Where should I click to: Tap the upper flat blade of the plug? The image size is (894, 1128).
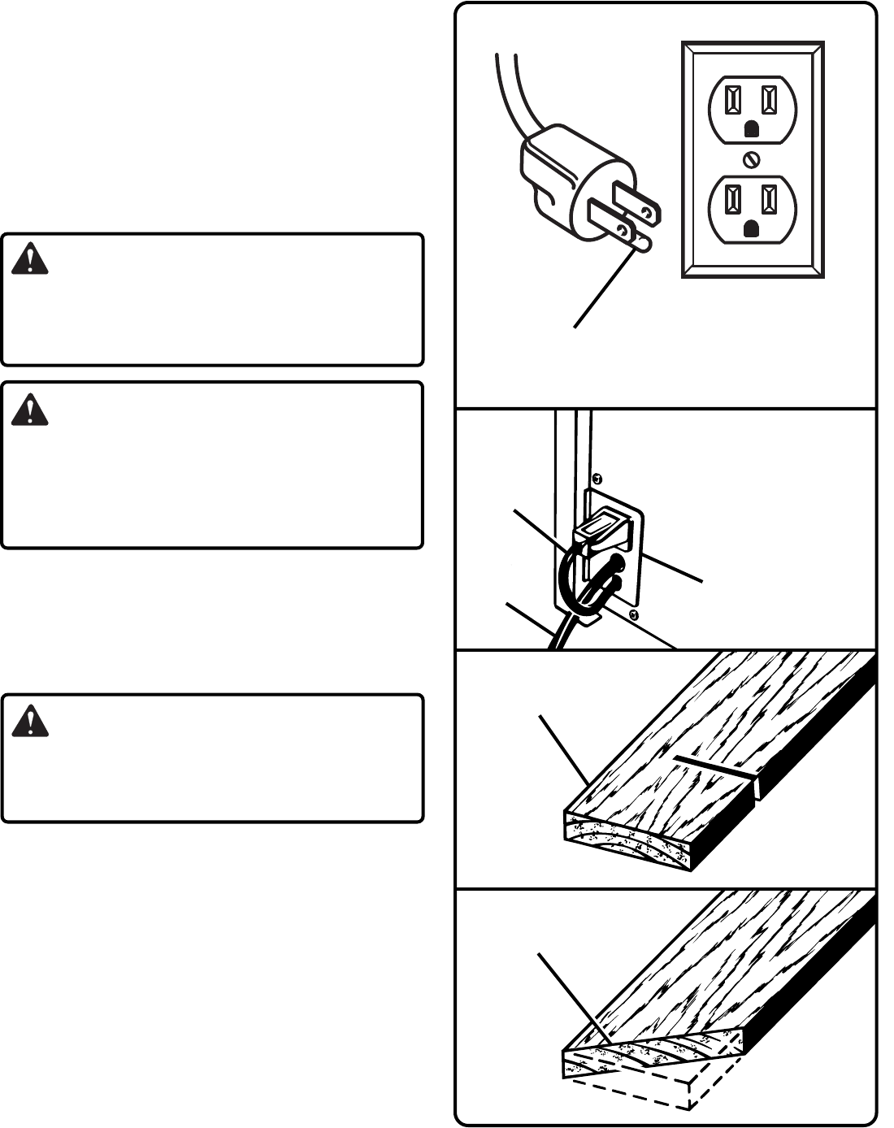[637, 203]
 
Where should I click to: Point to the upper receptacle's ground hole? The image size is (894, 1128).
[752, 129]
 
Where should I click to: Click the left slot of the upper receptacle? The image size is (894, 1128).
[734, 100]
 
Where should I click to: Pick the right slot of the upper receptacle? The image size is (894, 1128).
[769, 100]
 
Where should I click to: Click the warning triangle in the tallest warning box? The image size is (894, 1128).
[30, 410]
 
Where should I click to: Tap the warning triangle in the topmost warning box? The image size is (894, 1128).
[30, 259]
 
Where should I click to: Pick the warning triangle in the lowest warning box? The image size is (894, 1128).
[30, 721]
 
